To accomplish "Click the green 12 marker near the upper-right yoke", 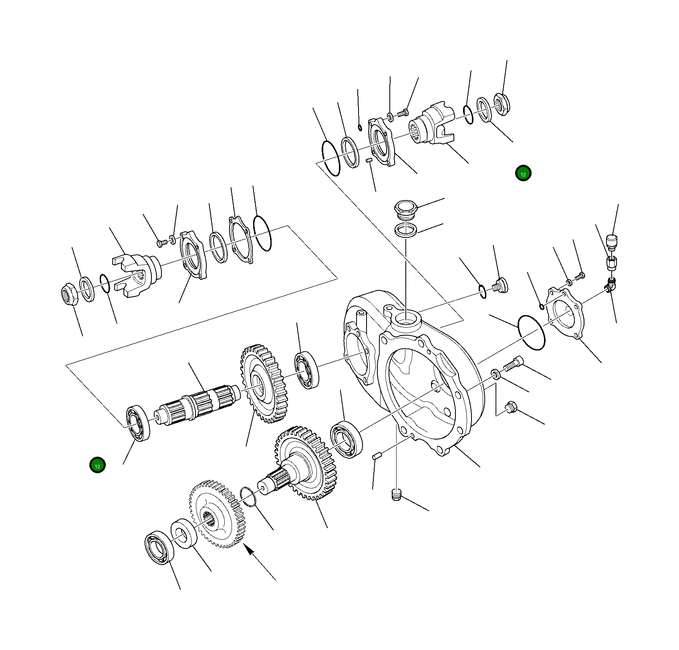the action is tap(523, 173).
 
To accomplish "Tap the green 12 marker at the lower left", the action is tap(97, 465).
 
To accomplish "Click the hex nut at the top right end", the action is tap(501, 104).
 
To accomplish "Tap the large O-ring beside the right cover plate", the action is tap(531, 332).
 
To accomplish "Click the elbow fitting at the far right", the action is tap(610, 284).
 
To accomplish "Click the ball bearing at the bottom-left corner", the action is tap(159, 548).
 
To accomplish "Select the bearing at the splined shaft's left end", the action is tap(138, 423).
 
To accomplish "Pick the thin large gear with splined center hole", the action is tap(216, 514).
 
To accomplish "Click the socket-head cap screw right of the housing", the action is tap(513, 364).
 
